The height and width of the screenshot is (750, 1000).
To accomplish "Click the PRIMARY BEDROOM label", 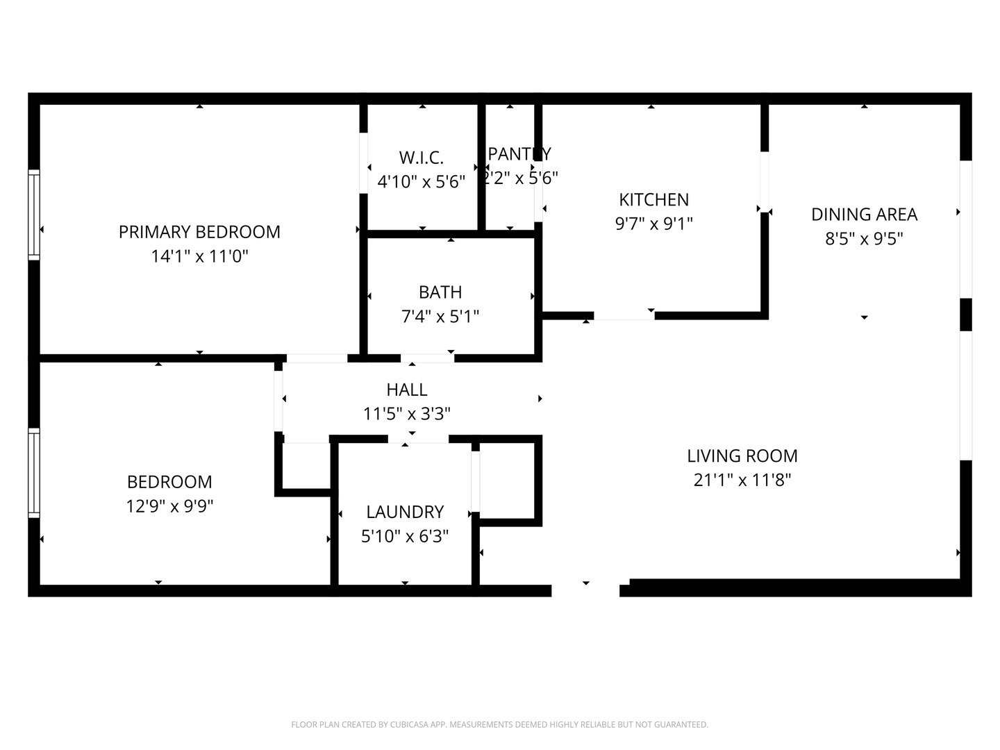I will click(199, 232).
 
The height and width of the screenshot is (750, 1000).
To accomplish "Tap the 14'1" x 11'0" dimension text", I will click(199, 256).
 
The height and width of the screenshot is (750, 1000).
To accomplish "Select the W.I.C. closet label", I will click(421, 157).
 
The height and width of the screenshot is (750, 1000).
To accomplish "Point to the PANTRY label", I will click(519, 153).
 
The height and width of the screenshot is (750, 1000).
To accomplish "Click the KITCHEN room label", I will click(653, 200).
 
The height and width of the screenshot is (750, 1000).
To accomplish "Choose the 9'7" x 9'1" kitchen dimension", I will click(653, 224).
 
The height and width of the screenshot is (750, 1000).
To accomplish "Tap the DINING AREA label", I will click(864, 215).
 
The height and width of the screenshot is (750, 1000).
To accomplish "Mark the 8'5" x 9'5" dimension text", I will click(864, 239).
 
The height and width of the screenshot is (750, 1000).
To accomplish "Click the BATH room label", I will click(440, 292).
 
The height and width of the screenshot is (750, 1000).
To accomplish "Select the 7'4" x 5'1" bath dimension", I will click(440, 317).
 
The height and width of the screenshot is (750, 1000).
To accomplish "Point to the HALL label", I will click(407, 390).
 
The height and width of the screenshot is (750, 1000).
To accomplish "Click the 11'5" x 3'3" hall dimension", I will click(407, 414).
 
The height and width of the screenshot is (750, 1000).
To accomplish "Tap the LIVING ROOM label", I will click(742, 456).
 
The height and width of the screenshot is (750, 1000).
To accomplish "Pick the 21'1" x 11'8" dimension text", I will click(742, 480).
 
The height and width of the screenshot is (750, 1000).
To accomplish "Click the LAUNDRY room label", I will click(405, 512).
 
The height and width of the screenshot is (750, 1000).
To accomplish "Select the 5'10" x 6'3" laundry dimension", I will click(405, 536).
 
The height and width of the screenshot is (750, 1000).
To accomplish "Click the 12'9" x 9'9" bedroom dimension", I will click(169, 506).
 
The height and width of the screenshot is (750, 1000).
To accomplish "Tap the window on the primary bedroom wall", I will click(33, 215).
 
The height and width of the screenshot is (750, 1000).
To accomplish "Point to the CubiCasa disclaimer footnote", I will click(499, 724).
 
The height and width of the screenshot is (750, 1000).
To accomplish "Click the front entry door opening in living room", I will click(585, 590).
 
